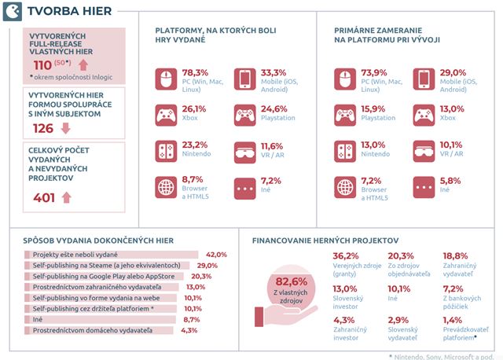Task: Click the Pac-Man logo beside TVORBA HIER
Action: [x=13, y=12]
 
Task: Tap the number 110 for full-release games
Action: [x=42, y=65]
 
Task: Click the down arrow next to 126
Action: [x=66, y=128]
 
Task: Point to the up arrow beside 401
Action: [x=66, y=197]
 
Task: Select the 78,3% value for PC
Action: [x=195, y=72]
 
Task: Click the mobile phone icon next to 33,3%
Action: [x=244, y=79]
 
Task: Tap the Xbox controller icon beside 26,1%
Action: [x=166, y=116]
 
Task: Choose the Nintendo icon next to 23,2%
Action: [x=166, y=151]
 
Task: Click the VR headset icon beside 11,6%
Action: [x=244, y=152]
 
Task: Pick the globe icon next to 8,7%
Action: [x=166, y=187]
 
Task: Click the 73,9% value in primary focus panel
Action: [x=374, y=72]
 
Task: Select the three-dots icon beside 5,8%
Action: [x=424, y=187]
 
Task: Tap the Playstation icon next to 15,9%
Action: [x=345, y=116]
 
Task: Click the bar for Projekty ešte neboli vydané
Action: [x=111, y=255]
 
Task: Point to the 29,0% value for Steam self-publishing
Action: [x=207, y=266]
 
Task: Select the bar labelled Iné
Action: [x=100, y=320]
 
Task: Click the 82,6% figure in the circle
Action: [x=292, y=281]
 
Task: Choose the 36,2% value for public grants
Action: [x=346, y=256]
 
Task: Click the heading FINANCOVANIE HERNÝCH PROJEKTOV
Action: [x=325, y=241]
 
